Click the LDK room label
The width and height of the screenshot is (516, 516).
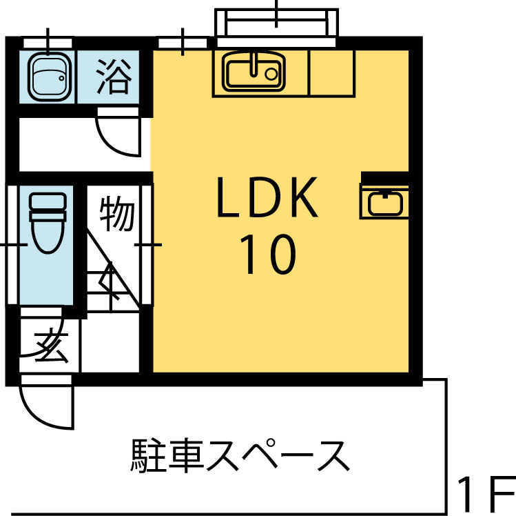(267, 197)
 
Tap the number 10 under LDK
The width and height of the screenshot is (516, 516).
(267, 255)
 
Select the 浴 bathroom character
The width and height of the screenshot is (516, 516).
(114, 77)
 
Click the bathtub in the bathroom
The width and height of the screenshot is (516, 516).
(50, 77)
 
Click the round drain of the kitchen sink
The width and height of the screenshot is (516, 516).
(271, 74)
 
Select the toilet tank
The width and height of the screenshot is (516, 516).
(48, 201)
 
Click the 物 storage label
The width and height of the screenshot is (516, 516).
(118, 214)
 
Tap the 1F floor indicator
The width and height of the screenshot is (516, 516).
(486, 493)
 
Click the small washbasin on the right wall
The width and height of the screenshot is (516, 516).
(384, 202)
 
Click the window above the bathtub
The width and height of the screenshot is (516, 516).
(48, 43)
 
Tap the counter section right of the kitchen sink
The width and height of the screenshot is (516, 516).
(331, 73)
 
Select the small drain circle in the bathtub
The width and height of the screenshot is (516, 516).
(61, 79)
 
